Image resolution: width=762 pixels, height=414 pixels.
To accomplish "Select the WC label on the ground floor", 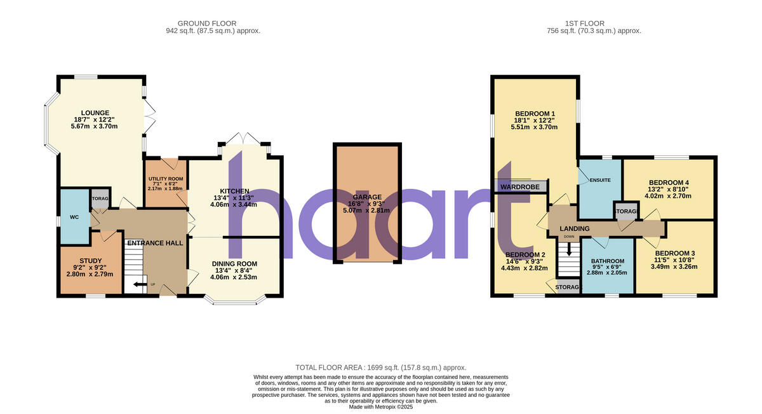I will click(x=74, y=217).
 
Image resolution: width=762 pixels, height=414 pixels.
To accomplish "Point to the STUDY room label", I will click(x=90, y=259).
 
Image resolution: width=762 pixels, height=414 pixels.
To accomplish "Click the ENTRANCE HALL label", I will click(x=155, y=243).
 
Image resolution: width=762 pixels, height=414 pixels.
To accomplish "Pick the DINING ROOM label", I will click(x=234, y=263).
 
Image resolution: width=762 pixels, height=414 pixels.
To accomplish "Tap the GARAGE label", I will click(x=367, y=197).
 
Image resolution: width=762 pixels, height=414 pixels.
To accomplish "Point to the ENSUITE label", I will click(x=600, y=180).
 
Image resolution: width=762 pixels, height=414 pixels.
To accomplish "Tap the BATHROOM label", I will click(x=608, y=261).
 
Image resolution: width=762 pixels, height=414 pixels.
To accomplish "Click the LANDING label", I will click(x=575, y=229).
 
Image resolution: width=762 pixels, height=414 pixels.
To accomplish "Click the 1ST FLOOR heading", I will click(x=594, y=22).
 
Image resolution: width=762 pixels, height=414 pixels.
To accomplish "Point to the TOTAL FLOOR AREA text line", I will click(x=381, y=368).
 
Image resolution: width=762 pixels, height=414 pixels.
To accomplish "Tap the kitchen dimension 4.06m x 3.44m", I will click(x=234, y=205).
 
